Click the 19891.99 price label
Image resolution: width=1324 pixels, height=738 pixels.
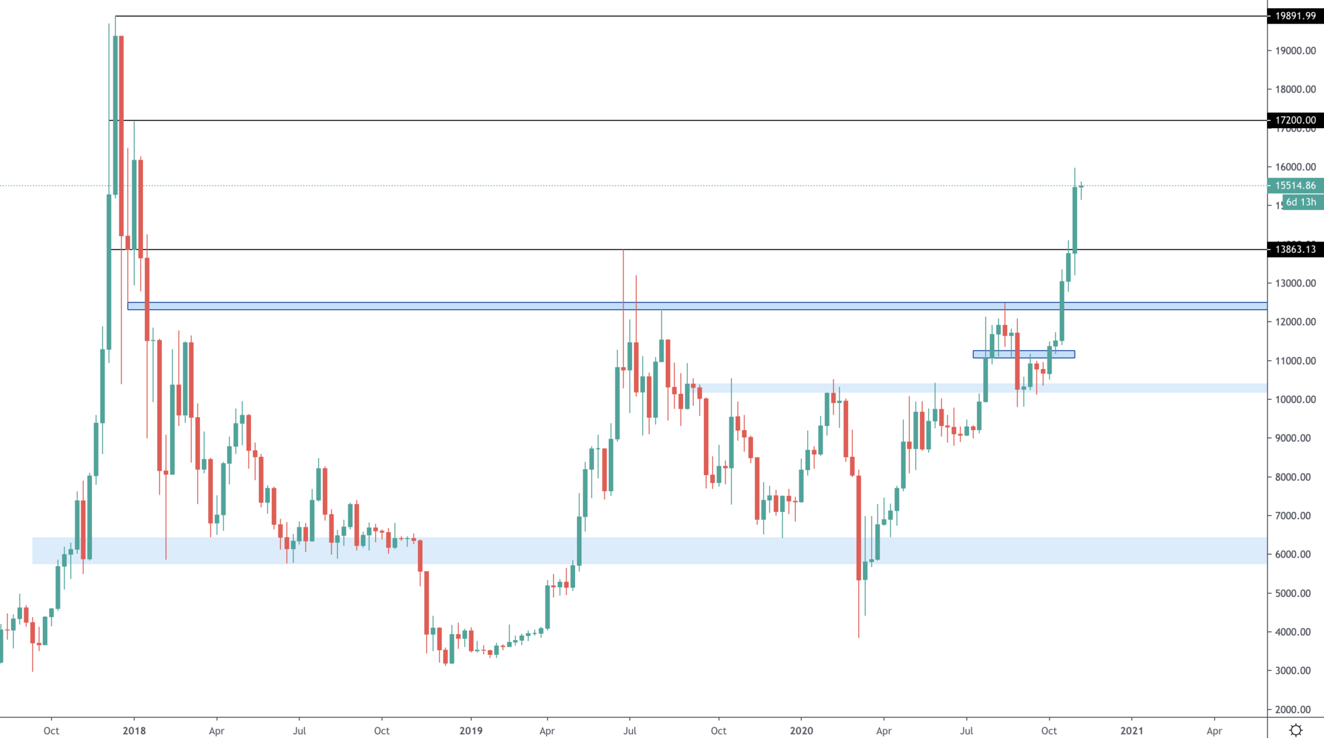(1295, 16)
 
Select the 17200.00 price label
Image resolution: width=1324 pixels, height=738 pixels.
(1295, 120)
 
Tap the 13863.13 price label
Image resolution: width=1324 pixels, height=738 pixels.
(1295, 250)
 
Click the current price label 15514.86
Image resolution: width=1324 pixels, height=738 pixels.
(1295, 186)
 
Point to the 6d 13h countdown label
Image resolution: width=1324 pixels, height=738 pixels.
(1301, 202)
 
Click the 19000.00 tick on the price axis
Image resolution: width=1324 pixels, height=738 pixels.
(1295, 51)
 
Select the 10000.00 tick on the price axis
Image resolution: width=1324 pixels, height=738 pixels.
(1295, 400)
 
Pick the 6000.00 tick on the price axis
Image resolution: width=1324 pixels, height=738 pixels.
(1295, 555)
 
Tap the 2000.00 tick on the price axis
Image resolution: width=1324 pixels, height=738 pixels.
(1295, 710)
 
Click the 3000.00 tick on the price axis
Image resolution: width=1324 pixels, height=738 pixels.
(1295, 671)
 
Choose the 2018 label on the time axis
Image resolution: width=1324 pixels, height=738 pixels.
(134, 731)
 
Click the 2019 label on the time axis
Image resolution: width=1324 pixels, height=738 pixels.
(471, 731)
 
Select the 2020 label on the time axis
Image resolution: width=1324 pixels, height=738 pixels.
(801, 731)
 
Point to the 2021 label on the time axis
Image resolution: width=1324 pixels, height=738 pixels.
(1131, 731)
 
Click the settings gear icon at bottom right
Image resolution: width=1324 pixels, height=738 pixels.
(1296, 730)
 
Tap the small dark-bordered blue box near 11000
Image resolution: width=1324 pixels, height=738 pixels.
(1023, 354)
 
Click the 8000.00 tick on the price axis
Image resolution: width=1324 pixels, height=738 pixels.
(1295, 478)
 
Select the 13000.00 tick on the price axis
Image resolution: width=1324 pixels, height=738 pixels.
(1295, 284)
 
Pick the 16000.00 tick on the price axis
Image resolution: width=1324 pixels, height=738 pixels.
(1295, 167)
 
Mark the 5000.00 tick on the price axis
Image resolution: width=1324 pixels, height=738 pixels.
(1295, 594)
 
